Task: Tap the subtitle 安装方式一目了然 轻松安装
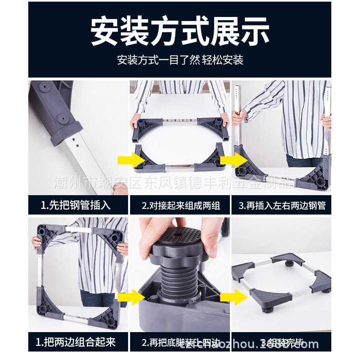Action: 180,60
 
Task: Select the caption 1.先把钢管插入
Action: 76,205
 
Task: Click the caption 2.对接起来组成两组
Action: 180,205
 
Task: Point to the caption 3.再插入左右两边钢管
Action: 282,205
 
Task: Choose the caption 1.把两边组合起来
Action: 76,342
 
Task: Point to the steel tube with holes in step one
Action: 83,162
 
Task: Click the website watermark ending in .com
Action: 259,345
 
